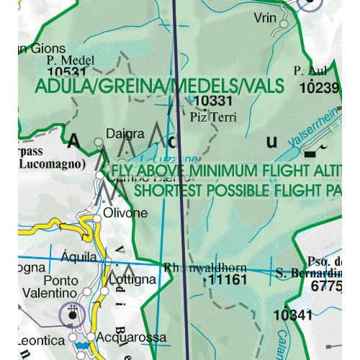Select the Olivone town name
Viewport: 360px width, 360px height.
tap(127, 213)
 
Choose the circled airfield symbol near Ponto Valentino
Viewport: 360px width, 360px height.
tap(72, 313)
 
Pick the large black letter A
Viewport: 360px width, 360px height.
tap(73, 141)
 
